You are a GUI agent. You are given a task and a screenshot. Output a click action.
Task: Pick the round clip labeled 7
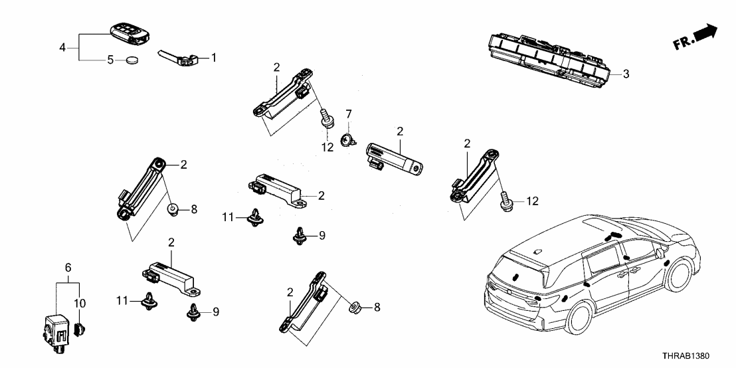pyautogui.click(x=346, y=139)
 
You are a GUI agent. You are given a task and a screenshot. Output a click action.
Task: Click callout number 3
pyautogui.click(x=626, y=74)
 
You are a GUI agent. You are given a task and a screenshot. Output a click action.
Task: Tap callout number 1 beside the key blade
pyautogui.click(x=213, y=58)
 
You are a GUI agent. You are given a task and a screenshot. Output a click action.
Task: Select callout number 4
pyautogui.click(x=62, y=47)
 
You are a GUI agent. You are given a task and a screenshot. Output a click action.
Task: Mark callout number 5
pyautogui.click(x=111, y=60)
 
